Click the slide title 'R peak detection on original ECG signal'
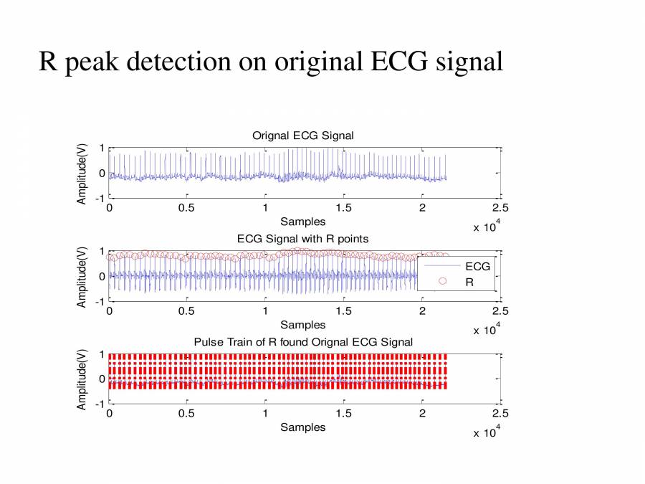point(271,61)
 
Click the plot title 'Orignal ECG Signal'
point(302,136)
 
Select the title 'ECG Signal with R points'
point(302,238)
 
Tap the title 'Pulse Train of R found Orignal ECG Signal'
point(303,341)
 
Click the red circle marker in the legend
point(442,282)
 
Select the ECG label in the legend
point(477,266)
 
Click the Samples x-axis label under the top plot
point(302,222)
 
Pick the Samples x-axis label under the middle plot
point(302,325)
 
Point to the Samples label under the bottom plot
point(302,427)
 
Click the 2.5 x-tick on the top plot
point(500,208)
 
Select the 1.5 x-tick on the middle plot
point(344,311)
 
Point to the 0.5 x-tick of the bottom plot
point(187,414)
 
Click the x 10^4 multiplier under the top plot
point(487,227)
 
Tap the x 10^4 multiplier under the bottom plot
point(487,432)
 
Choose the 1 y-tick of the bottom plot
point(102,354)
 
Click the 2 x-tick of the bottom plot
point(422,414)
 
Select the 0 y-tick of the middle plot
point(102,276)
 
